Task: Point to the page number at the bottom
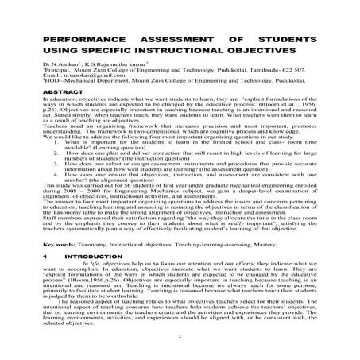181,347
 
